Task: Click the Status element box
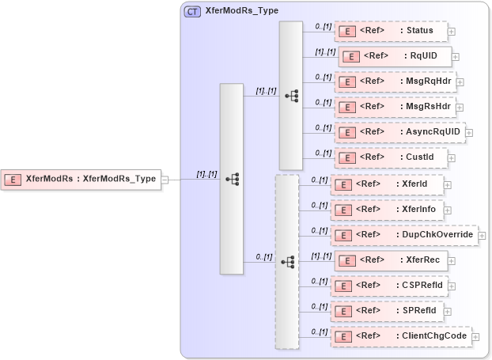[391, 32]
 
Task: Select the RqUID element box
[395, 56]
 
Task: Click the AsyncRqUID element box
[399, 132]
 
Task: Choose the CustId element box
[391, 157]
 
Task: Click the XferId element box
[387, 184]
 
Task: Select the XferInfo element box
[387, 210]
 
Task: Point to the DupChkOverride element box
[403, 235]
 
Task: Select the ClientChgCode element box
[400, 336]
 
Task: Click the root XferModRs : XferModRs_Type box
[81, 179]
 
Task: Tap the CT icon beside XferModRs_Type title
[192, 12]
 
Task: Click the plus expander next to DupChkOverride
[483, 236]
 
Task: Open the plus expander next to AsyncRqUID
[469, 133]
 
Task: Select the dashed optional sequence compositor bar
[286, 261]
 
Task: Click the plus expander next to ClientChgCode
[475, 337]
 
